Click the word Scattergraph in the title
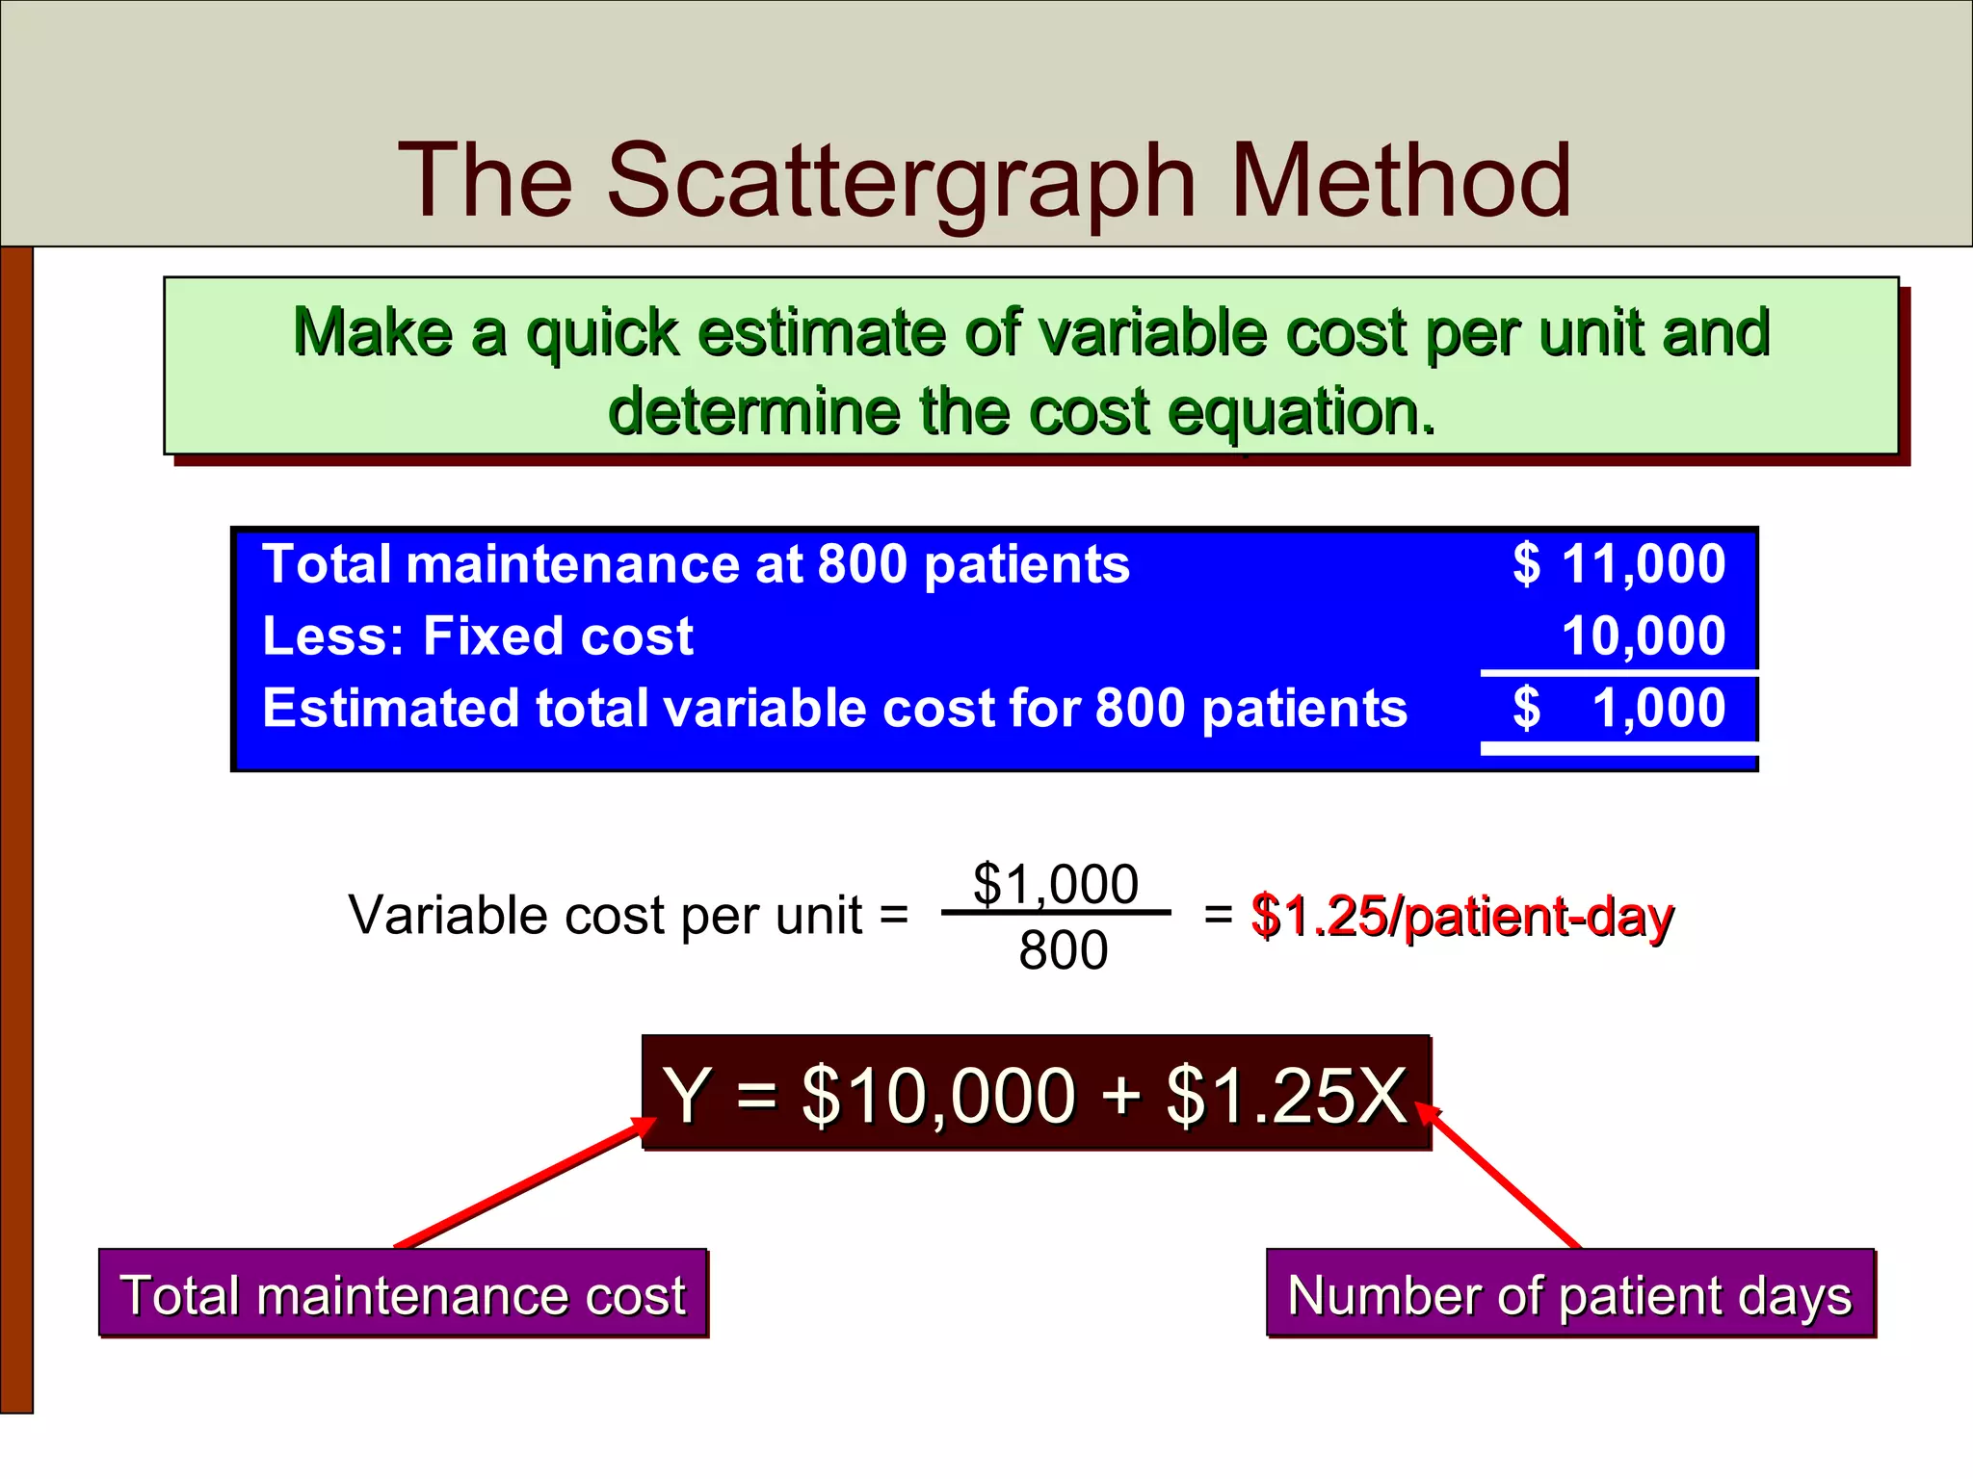pos(901,181)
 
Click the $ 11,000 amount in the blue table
pos(1619,563)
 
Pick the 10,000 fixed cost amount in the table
pos(1644,636)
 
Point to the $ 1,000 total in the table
pos(1619,708)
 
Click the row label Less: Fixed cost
pos(478,636)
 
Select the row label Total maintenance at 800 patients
pos(696,563)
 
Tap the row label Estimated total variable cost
pos(834,708)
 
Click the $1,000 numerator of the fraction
pos(1056,883)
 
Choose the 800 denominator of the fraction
pos(1064,950)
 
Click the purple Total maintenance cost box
pos(403,1293)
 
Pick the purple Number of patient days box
pos(1570,1293)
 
